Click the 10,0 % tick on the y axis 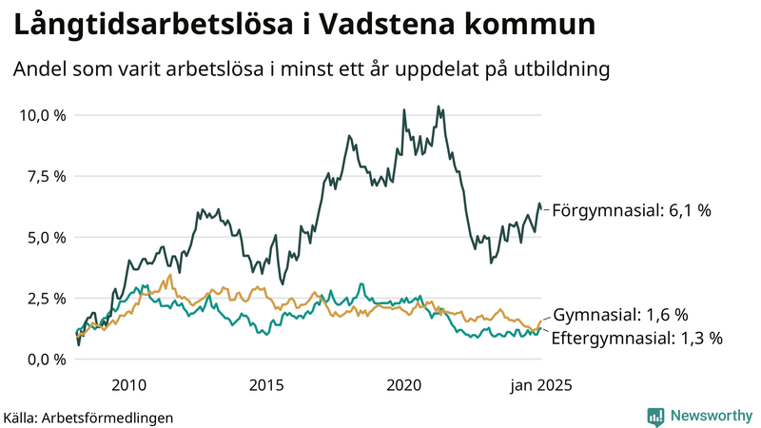point(42,115)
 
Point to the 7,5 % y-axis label point(46,176)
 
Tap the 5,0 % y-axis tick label point(46,237)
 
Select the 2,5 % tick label point(46,298)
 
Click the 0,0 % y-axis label point(46,359)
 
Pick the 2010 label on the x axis point(128,384)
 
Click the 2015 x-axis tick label point(266,384)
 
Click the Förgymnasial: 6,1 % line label point(632,210)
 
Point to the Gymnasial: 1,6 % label point(620,315)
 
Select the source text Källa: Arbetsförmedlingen point(88,417)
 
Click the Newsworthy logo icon point(655,416)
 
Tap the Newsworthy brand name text point(709,416)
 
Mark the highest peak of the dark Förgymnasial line point(438,107)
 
